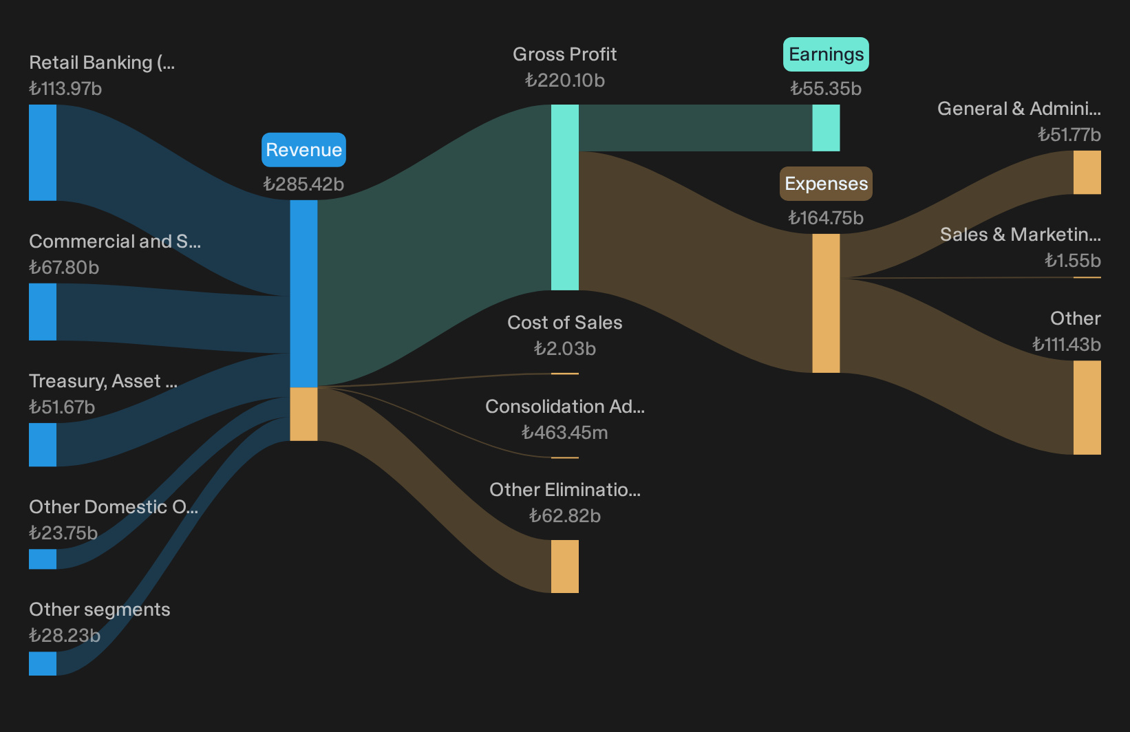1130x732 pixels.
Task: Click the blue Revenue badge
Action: pos(303,150)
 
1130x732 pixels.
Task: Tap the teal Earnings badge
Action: pos(826,54)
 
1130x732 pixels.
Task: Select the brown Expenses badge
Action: pos(826,184)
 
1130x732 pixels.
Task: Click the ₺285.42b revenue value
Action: pos(303,184)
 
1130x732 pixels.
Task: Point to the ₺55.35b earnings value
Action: pos(826,89)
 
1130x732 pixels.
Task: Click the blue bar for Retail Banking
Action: pos(43,153)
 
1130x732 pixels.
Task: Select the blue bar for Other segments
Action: pos(43,663)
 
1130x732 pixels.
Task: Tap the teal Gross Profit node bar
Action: pos(564,197)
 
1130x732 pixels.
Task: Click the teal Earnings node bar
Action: pos(826,128)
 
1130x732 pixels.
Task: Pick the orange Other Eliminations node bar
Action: pos(564,566)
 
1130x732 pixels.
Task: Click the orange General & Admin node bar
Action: pos(1087,172)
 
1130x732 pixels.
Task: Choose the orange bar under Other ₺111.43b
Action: pos(1087,407)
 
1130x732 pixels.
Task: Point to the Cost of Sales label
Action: pos(564,323)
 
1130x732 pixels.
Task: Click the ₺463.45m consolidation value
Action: pos(564,433)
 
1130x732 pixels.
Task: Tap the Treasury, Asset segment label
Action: pos(103,381)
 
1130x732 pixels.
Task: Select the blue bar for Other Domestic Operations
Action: pos(43,559)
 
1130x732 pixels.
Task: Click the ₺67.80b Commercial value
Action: pos(64,268)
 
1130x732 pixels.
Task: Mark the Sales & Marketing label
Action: pos(1021,235)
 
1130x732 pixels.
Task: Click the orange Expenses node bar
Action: pos(826,303)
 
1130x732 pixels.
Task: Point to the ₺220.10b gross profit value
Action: pos(564,80)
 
